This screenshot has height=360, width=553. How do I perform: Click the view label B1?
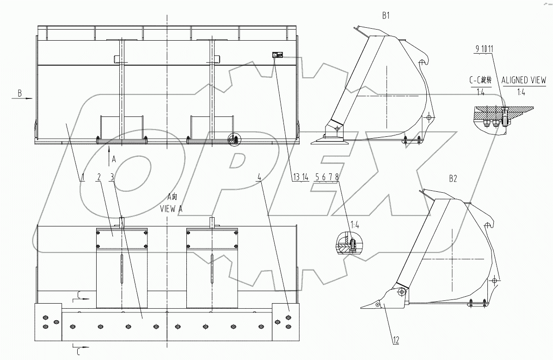pos(386,15)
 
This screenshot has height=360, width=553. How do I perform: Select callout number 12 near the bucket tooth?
pos(396,341)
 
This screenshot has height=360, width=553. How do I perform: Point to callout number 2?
pos(98,177)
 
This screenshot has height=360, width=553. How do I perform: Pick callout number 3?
pos(112,177)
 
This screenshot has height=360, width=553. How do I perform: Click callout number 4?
pos(260,177)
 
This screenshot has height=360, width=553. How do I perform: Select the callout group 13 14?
pos(301,177)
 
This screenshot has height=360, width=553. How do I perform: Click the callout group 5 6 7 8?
pos(327,177)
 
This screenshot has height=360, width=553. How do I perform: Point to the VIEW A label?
pos(171,209)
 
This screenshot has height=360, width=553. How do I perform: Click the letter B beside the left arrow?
pos(19,93)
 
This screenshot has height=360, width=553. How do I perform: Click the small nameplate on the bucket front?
pos(277,55)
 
